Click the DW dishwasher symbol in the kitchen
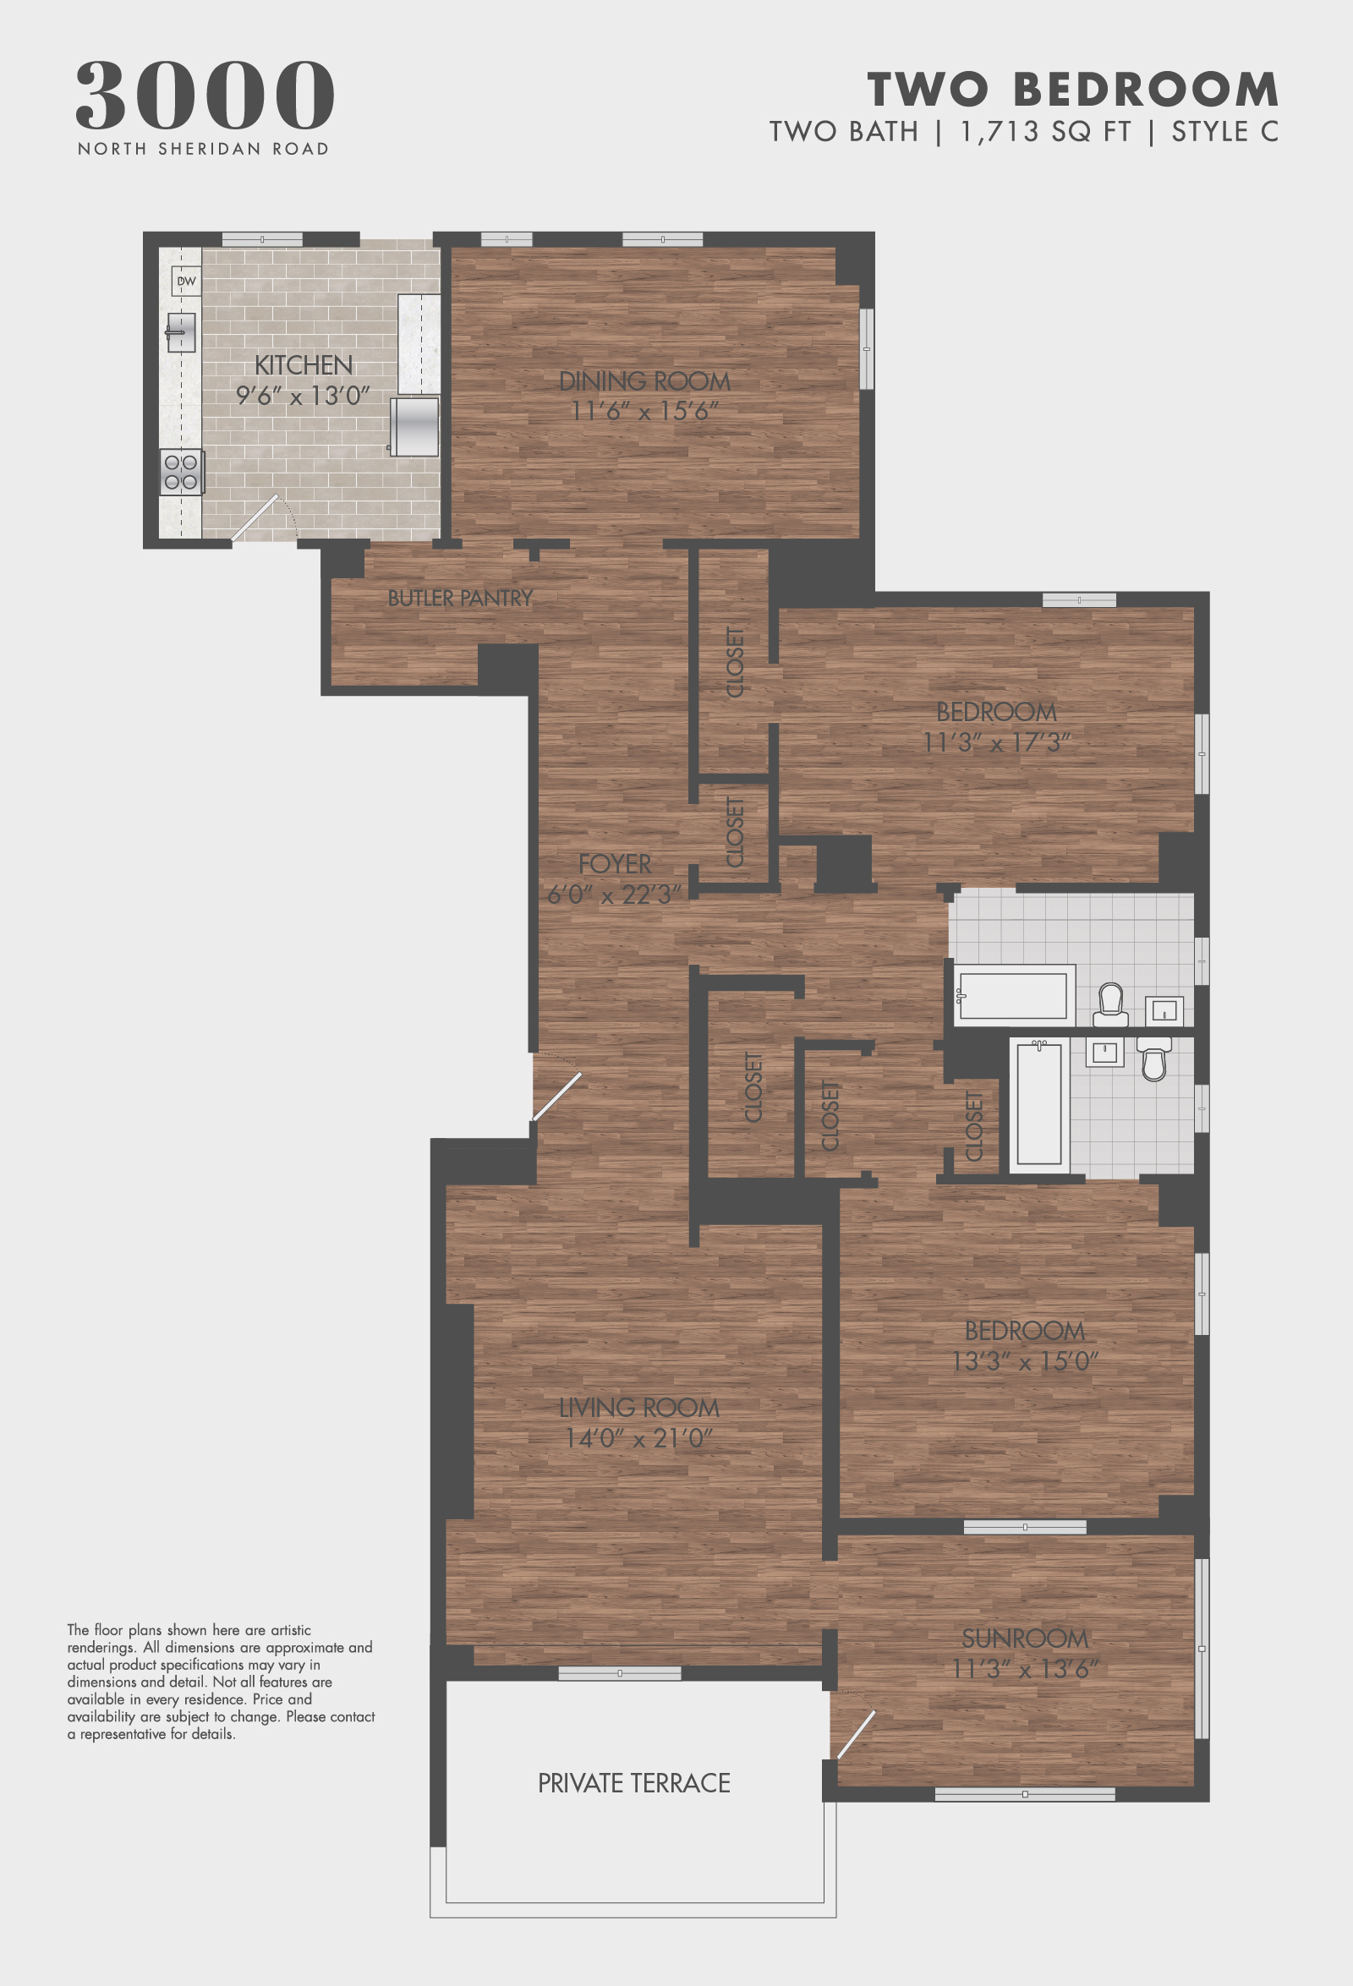point(185,282)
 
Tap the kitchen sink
point(180,331)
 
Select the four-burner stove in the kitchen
point(181,472)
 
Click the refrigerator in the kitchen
point(414,425)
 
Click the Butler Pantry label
point(460,599)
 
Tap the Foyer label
point(615,864)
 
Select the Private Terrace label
point(633,1782)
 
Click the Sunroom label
point(1025,1639)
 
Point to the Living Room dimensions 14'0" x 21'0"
point(638,1438)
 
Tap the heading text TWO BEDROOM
point(1072,90)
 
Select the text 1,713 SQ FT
point(1045,132)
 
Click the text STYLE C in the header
point(1224,132)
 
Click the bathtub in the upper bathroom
point(1014,996)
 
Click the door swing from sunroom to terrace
point(855,1734)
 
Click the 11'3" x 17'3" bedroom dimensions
point(996,742)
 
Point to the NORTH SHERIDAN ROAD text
point(204,149)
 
